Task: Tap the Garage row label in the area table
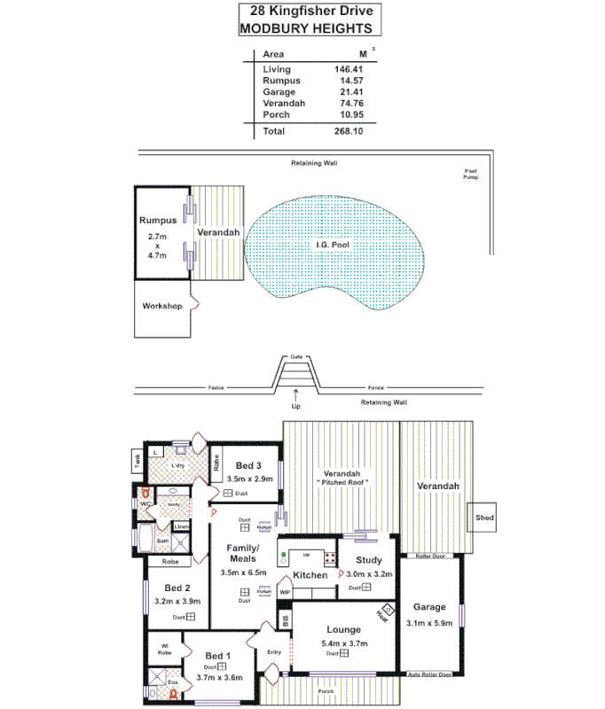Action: (x=279, y=92)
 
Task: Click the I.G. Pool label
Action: (x=336, y=245)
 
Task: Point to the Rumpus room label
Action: (x=158, y=220)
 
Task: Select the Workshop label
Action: (x=161, y=307)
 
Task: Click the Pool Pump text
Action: (x=471, y=175)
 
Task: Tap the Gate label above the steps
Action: (x=296, y=356)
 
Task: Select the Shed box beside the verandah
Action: (x=483, y=518)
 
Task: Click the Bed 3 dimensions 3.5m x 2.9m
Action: (x=249, y=479)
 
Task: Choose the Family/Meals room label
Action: (x=242, y=553)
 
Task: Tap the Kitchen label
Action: (x=310, y=575)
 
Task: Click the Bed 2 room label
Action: (x=177, y=588)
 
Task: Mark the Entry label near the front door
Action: (x=274, y=652)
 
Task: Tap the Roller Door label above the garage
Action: (x=429, y=557)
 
